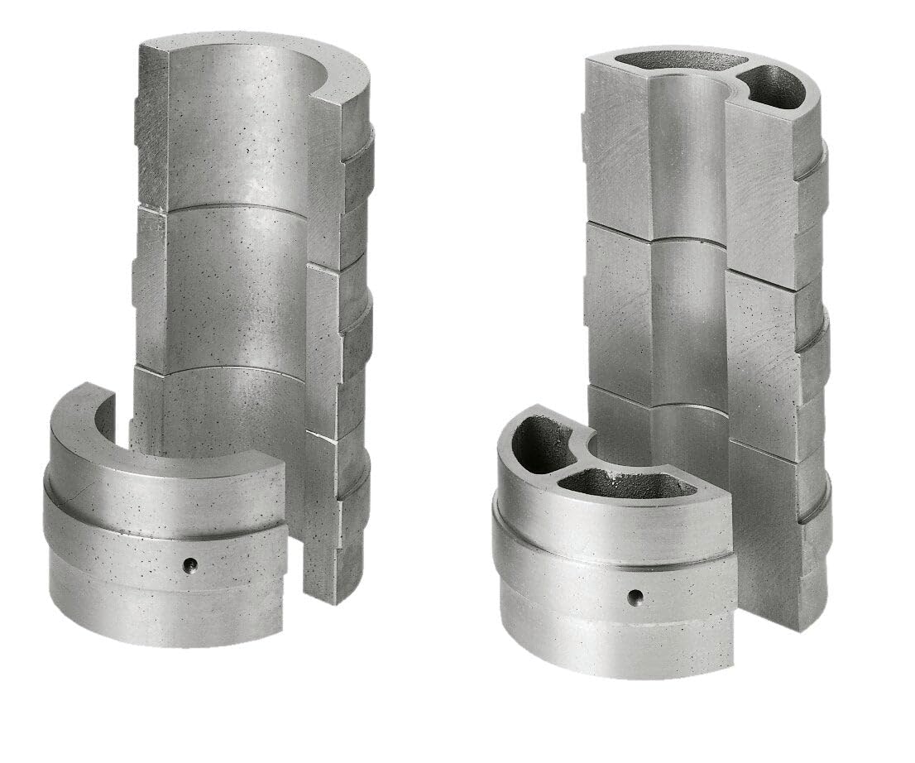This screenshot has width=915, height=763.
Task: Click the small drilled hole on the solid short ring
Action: tap(190, 565)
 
